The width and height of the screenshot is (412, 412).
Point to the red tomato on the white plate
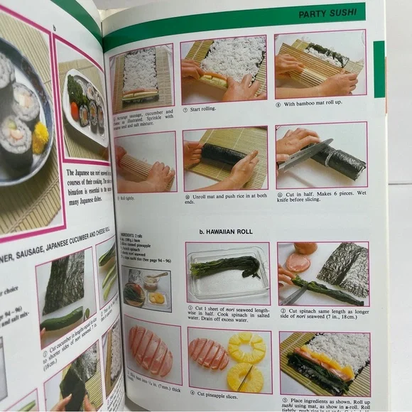pos(75,110)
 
